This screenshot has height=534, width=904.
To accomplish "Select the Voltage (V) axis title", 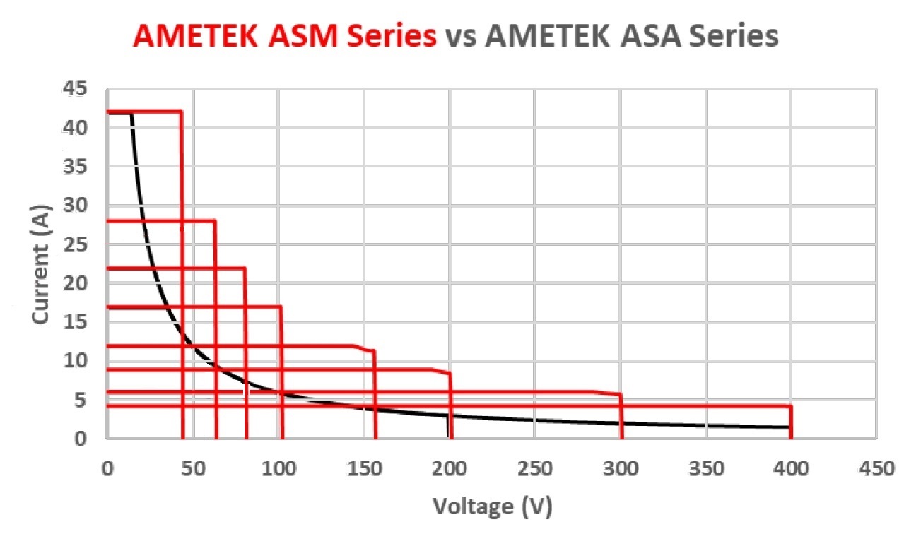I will click(492, 506).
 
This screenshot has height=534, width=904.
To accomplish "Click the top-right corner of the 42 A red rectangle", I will click(182, 112).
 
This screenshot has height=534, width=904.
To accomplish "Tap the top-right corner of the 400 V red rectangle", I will click(790, 406).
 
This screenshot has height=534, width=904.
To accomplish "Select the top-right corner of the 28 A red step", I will click(215, 221).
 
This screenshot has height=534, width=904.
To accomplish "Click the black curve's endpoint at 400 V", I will click(789, 427).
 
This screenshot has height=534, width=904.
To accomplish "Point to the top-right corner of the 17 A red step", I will click(281, 307).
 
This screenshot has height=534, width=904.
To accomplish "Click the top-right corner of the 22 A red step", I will click(245, 268).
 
